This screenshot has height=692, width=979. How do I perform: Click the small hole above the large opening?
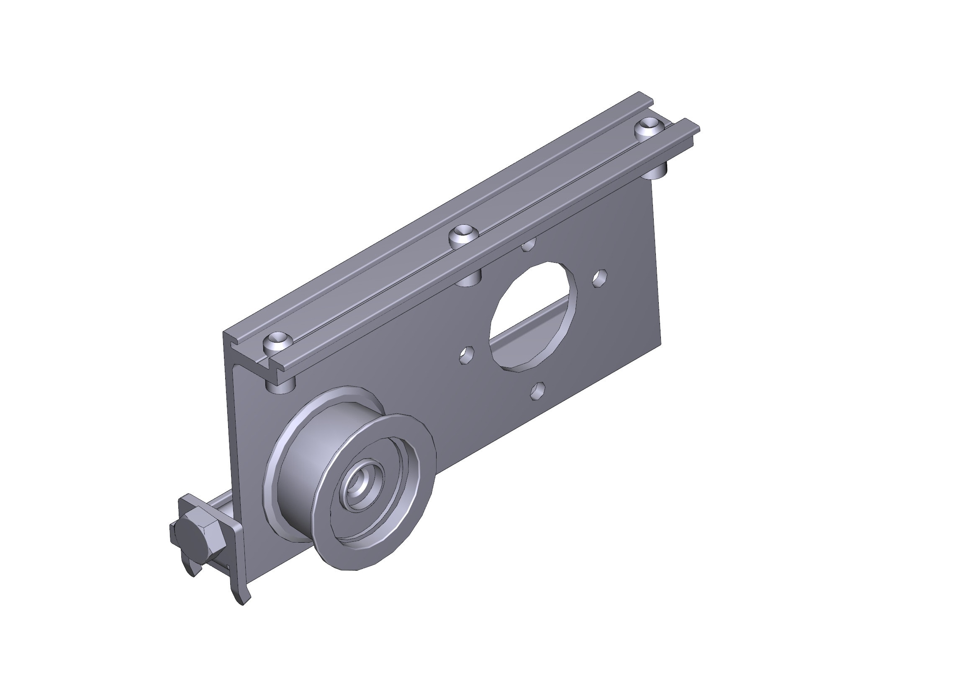coord(529,246)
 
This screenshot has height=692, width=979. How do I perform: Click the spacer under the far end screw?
coord(657,172)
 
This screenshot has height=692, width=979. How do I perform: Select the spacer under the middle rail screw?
coord(468,279)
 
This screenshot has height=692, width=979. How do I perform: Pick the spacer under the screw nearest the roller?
coord(280,386)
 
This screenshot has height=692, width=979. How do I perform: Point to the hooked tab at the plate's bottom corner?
coord(242,595)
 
